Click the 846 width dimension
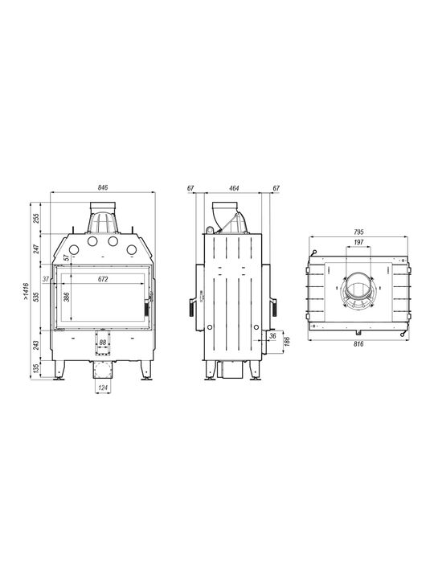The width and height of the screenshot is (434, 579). [x=103, y=188]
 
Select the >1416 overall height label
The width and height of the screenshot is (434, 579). [x=26, y=290]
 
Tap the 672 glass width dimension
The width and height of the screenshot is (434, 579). [x=103, y=280]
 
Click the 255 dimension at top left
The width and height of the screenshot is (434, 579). [x=36, y=219]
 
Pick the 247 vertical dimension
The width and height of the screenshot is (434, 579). [x=36, y=248]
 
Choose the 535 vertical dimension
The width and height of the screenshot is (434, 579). [x=36, y=298]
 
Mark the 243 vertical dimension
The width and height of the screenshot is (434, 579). [x=36, y=345]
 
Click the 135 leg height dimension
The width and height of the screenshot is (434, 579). [x=36, y=369]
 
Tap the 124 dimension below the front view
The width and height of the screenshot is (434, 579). [x=104, y=388]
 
